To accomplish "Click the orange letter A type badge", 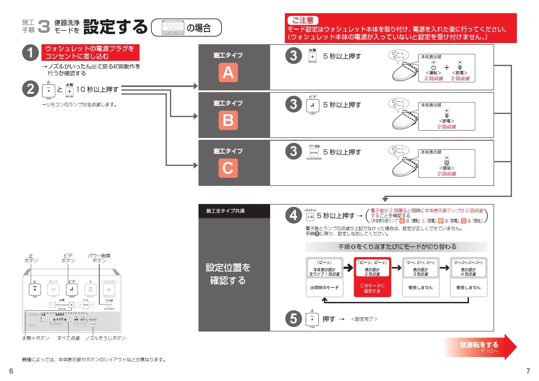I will click(x=228, y=73).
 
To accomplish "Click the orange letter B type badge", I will click(x=228, y=120).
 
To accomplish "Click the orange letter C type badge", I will click(x=228, y=168).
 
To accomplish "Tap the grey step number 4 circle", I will click(x=293, y=215).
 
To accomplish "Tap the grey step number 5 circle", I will click(x=293, y=319).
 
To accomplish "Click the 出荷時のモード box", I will click(x=324, y=288).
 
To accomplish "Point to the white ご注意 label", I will click(x=303, y=21).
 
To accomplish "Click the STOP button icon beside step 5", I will click(x=312, y=319).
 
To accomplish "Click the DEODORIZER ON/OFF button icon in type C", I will click(x=314, y=153).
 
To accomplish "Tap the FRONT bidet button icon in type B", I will click(x=313, y=106).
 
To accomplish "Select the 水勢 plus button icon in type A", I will click(x=313, y=57).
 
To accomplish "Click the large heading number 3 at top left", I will click(x=44, y=27).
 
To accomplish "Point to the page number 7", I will click(x=528, y=371).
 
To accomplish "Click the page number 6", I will click(x=11, y=371).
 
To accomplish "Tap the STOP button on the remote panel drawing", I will click(x=35, y=289).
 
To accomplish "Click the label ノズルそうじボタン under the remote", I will click(x=105, y=338).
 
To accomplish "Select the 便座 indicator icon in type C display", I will click(x=447, y=163).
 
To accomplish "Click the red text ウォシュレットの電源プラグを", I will click(x=90, y=49).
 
